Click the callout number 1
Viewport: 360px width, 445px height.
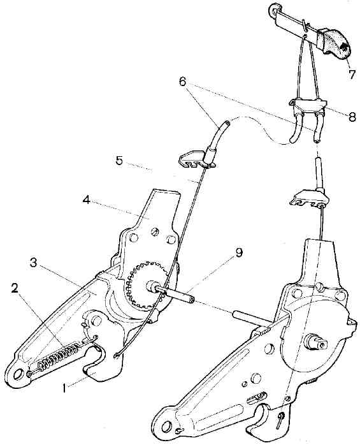point(65,388)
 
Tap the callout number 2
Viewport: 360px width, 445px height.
point(14,288)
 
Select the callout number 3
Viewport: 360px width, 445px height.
point(34,263)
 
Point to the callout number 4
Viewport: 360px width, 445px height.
point(87,200)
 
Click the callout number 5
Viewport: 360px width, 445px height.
point(119,161)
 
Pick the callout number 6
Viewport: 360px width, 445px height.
point(182,82)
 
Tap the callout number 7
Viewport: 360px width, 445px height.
point(352,75)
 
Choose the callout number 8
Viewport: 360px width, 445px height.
point(352,117)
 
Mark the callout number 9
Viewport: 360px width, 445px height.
point(239,252)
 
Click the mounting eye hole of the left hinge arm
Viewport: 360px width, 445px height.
point(18,374)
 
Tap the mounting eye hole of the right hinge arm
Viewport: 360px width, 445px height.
point(168,427)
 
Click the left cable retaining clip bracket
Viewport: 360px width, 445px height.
point(196,159)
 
